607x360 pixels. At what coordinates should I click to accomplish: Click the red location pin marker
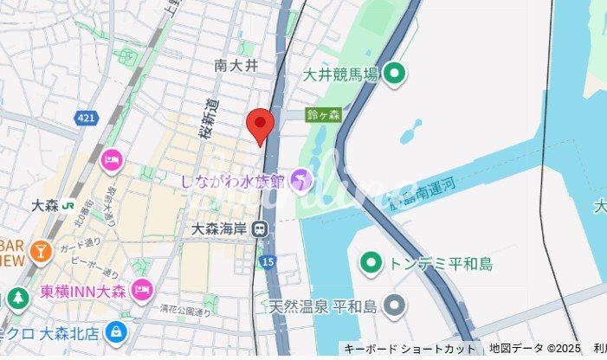[x=261, y=125]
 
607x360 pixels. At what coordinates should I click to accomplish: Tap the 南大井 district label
[x=236, y=65]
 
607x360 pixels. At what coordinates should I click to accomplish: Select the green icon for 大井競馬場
[x=395, y=74]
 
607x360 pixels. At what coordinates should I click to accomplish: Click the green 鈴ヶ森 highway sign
[x=324, y=114]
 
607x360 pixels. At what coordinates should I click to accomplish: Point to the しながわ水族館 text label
[x=232, y=181]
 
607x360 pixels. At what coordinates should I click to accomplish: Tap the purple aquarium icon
[x=300, y=180]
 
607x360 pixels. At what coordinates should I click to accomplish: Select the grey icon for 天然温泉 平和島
[x=395, y=305]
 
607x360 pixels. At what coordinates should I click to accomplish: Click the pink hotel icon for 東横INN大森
[x=143, y=288]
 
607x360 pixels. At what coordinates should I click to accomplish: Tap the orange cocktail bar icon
[x=40, y=251]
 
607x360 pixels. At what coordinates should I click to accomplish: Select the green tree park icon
[x=17, y=299]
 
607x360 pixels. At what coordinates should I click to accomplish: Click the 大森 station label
[x=44, y=206]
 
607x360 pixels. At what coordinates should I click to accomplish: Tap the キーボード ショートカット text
[x=410, y=349]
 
